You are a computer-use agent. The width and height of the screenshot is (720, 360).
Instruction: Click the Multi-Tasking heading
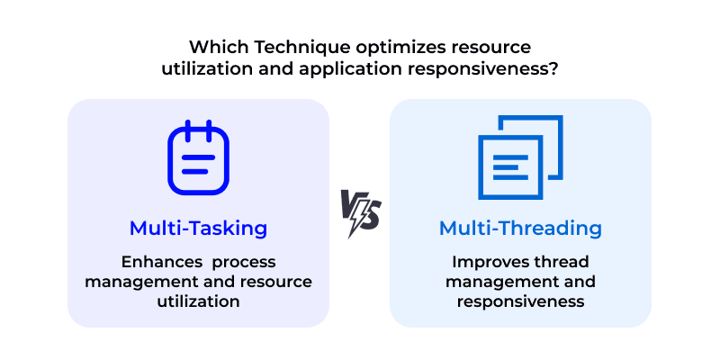point(198,229)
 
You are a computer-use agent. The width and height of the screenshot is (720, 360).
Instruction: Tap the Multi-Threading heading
point(520,229)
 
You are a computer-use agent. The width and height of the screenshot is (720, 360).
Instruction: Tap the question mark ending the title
point(551,67)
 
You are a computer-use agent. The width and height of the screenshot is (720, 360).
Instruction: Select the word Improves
point(490,262)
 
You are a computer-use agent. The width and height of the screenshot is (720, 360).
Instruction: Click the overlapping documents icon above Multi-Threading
point(520,157)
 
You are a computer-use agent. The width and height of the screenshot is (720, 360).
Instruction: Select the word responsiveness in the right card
point(520,301)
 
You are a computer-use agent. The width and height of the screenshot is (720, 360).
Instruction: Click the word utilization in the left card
point(198,301)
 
